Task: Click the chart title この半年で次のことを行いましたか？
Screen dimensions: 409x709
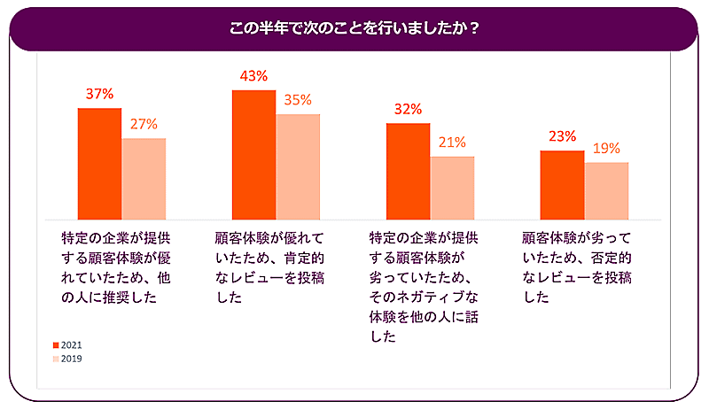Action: tap(354, 27)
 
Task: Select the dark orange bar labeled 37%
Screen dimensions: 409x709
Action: tap(99, 164)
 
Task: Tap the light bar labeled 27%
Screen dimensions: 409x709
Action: tap(144, 179)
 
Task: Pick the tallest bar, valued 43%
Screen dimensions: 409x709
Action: tap(253, 155)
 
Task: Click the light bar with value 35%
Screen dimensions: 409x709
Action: tap(298, 166)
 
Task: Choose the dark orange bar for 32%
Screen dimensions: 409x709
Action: tap(408, 171)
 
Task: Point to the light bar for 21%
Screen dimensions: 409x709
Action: tap(452, 188)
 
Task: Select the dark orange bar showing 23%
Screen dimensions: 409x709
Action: tap(562, 185)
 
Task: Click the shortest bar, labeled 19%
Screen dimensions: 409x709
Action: tap(606, 190)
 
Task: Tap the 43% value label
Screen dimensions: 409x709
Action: tap(253, 76)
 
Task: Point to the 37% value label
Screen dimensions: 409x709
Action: tap(99, 94)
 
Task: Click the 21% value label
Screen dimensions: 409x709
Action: tap(452, 142)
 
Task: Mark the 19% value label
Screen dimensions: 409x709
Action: tap(606, 148)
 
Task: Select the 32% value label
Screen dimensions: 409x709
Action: tap(408, 110)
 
